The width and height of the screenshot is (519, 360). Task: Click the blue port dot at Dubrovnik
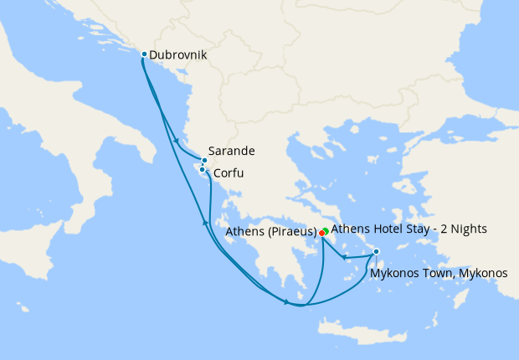click(144, 54)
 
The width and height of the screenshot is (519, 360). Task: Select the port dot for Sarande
click(204, 160)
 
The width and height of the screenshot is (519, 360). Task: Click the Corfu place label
click(229, 174)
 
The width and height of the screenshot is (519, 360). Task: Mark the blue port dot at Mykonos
click(376, 251)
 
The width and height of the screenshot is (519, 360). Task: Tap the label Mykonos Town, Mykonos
click(438, 273)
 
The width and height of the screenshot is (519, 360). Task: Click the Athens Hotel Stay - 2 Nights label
click(409, 229)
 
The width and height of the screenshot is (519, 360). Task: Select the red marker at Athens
click(321, 233)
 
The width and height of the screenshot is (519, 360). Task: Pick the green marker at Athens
click(326, 229)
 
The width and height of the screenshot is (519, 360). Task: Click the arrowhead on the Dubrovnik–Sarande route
click(176, 140)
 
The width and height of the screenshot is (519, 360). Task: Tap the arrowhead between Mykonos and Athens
click(345, 257)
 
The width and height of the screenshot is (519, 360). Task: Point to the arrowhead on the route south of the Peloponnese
click(287, 301)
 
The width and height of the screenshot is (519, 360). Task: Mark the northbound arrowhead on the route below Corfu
click(204, 222)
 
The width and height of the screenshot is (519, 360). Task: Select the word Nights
click(469, 229)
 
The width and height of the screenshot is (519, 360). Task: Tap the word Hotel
click(392, 229)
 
